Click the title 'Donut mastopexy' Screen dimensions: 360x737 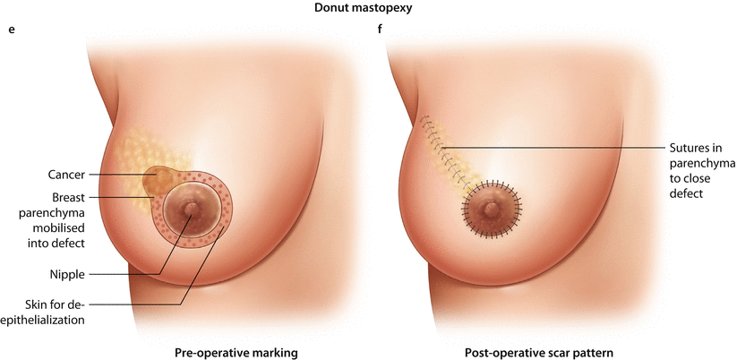point(368,9)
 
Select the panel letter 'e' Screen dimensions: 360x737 point(12,29)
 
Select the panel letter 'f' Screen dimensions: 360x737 point(382,29)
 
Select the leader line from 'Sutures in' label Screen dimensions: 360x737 point(555,147)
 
